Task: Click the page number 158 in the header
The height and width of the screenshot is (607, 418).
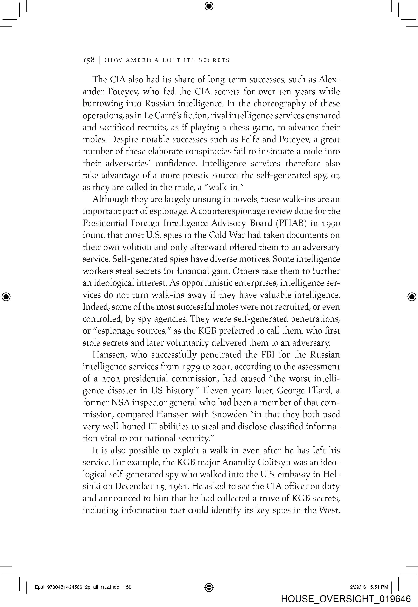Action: pyautogui.click(x=88, y=60)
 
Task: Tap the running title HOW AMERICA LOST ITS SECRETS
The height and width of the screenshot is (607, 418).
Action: pyautogui.click(x=167, y=60)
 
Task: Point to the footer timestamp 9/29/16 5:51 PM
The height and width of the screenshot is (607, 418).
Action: pyautogui.click(x=369, y=587)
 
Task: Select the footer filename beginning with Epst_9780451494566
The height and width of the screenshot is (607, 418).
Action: pyautogui.click(x=83, y=587)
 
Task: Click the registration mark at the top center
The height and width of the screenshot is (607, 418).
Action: pyautogui.click(x=209, y=6)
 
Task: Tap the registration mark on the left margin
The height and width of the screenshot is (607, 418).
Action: pyautogui.click(x=6, y=297)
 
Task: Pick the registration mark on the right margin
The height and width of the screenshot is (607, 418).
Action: pyautogui.click(x=412, y=297)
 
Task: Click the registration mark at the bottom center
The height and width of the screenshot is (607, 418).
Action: pyautogui.click(x=209, y=587)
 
